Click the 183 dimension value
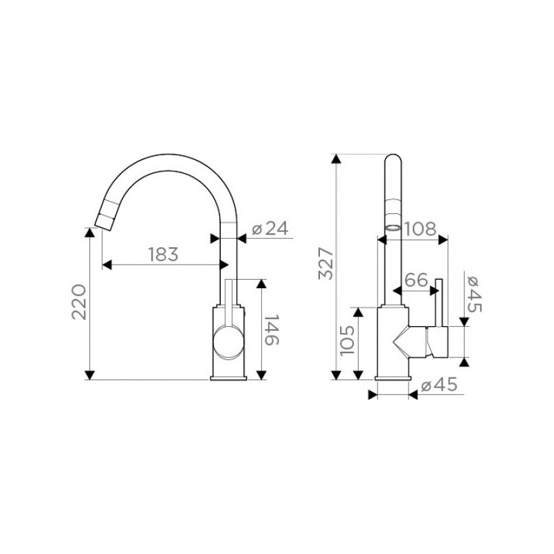pyautogui.click(x=163, y=254)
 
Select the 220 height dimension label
pyautogui.click(x=79, y=302)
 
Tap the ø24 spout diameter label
pyautogui.click(x=270, y=229)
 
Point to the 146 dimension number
pyautogui.click(x=271, y=330)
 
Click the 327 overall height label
pyautogui.click(x=325, y=264)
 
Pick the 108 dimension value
pyautogui.click(x=420, y=229)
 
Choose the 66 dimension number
pyautogui.click(x=416, y=280)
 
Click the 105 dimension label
pyautogui.click(x=347, y=341)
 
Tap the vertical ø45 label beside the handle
pyautogui.click(x=474, y=294)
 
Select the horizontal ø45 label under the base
pyautogui.click(x=439, y=385)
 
